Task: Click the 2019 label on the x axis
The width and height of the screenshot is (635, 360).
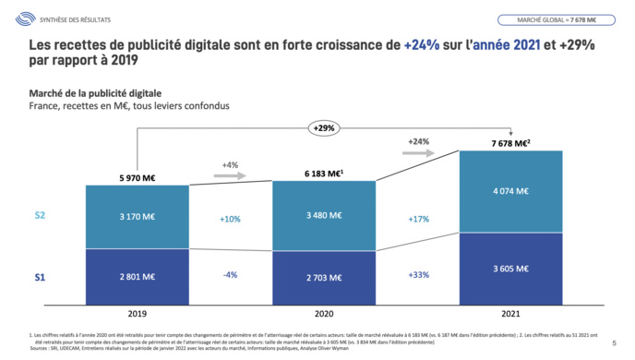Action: pos(138,312)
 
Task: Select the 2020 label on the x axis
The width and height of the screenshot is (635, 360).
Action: pos(324,312)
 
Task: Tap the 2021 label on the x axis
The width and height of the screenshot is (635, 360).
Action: pos(510,312)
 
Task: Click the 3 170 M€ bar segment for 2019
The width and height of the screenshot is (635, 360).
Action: pos(138,219)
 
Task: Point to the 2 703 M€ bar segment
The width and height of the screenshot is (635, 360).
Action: pos(324,275)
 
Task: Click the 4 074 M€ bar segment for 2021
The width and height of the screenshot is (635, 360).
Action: pos(510,191)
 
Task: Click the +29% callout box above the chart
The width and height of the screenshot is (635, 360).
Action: pos(324,127)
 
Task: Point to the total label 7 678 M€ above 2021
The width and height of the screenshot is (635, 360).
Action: pos(510,142)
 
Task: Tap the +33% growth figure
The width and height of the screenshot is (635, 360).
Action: pos(418,275)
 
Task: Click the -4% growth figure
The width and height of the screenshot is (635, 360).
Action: pos(230,275)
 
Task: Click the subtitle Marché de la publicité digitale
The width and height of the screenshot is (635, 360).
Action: pos(95,93)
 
